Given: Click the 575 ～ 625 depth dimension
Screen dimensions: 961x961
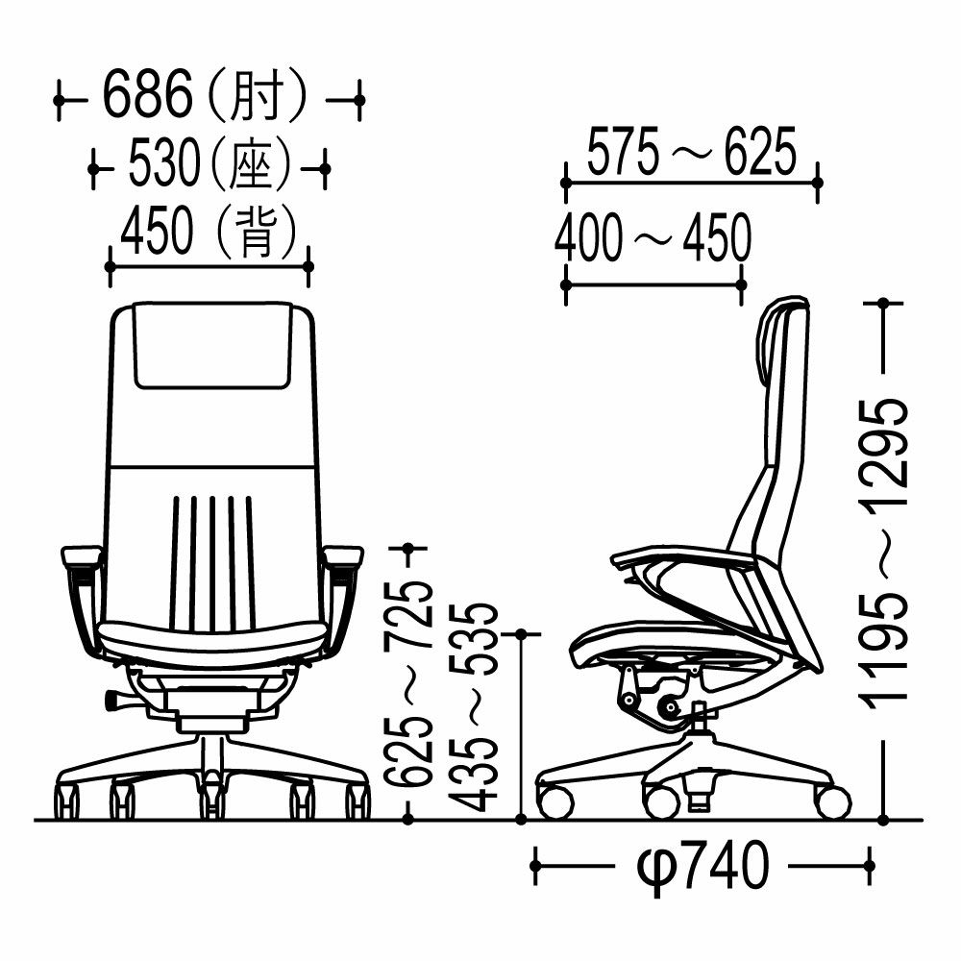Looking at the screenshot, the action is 692,151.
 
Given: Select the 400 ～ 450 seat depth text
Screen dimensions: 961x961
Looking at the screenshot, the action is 653,236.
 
